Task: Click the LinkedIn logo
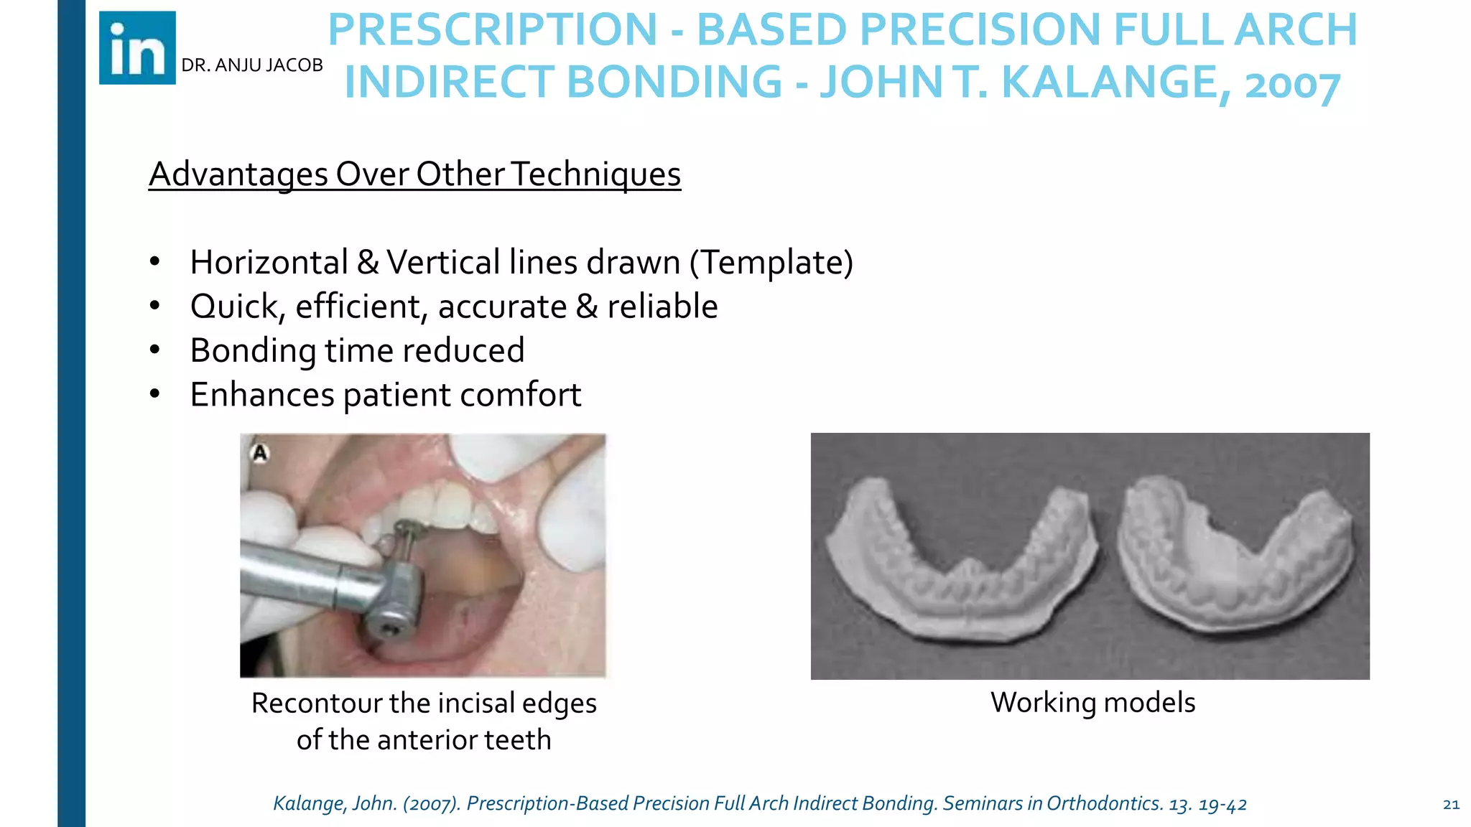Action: (x=137, y=48)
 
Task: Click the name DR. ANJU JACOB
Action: (x=251, y=65)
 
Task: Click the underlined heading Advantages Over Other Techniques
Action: (x=414, y=174)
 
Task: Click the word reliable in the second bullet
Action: (x=662, y=307)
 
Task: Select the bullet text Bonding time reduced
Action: (x=357, y=351)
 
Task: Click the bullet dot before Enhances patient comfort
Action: (x=155, y=393)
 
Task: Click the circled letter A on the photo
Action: (x=260, y=453)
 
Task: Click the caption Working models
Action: (x=1092, y=702)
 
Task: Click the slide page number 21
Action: (x=1451, y=805)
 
